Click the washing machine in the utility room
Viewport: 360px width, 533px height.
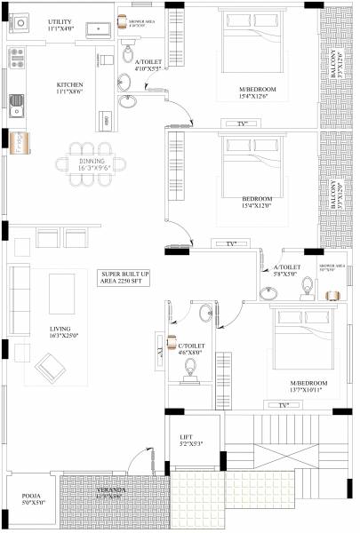(x=96, y=29)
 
